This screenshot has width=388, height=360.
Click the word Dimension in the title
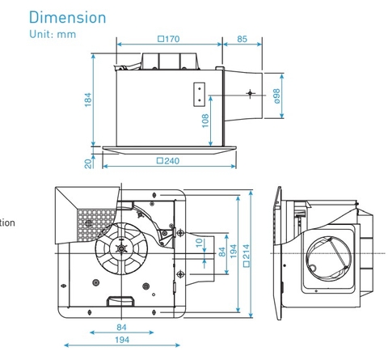click(x=66, y=17)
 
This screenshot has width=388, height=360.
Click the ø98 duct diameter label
click(x=276, y=95)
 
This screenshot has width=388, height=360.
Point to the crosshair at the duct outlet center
click(x=250, y=95)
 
